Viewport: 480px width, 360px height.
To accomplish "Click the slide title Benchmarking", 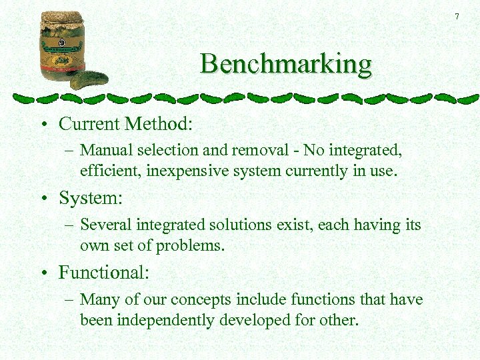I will coord(286,65).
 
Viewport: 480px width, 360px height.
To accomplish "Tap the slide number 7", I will coord(457,16).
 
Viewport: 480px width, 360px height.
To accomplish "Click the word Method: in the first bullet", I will coord(161,124).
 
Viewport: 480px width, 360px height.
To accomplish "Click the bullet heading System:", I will coord(91,199).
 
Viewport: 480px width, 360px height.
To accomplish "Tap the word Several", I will coord(104,225).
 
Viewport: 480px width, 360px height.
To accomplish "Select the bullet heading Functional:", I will coord(104,273).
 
